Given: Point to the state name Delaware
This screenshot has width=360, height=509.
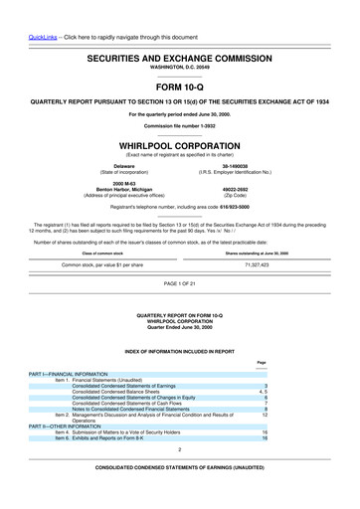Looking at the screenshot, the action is [x=124, y=165].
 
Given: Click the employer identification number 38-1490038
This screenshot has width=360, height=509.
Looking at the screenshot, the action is [x=236, y=165].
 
